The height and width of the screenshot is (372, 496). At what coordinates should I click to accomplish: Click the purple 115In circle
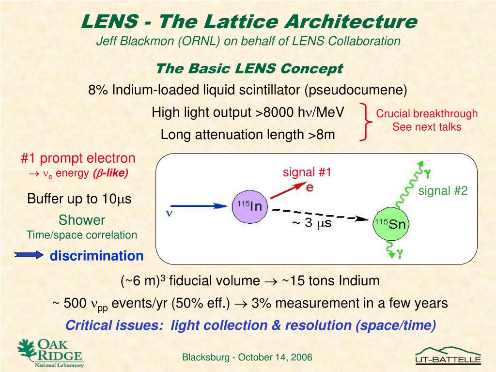point(250,206)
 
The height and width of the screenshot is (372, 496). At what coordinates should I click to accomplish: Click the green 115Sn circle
point(391,224)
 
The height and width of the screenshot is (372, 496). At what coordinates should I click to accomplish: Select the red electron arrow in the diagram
point(289,190)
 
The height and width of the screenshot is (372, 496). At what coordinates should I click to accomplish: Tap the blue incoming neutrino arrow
point(199,206)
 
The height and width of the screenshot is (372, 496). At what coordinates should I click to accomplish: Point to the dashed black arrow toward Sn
point(320,214)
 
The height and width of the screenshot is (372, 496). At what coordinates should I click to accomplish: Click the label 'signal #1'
point(307,172)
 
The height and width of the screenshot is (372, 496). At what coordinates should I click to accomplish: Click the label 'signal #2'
point(443,191)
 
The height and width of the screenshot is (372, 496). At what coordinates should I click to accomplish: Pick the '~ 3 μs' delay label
point(312,223)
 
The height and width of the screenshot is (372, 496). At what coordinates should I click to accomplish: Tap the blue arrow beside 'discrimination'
point(29,255)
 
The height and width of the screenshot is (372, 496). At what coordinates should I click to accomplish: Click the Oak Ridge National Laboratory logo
point(50,353)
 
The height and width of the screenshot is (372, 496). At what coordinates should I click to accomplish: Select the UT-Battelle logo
point(448,356)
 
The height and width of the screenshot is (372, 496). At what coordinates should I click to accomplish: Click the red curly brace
point(366,122)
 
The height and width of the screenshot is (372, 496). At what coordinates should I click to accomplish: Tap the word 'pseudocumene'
point(356,90)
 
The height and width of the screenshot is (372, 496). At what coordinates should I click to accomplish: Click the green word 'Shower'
point(81,220)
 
